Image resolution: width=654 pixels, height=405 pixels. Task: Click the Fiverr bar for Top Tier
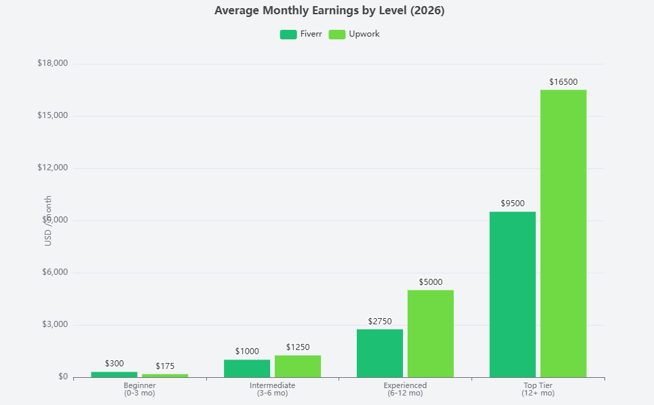512,294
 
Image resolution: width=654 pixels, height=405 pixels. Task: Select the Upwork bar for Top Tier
563,233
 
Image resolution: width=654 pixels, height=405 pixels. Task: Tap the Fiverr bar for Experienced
380,353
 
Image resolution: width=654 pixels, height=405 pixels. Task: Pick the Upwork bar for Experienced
431,333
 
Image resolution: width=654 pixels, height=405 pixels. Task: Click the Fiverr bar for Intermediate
247,368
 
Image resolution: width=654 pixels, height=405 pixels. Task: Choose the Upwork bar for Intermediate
298,366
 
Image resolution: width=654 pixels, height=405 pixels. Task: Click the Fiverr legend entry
301,34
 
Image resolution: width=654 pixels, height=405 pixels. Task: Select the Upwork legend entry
354,34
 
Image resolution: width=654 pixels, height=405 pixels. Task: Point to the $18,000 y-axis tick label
52,64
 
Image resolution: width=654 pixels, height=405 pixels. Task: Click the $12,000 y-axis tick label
52,168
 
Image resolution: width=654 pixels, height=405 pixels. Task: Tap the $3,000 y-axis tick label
54,325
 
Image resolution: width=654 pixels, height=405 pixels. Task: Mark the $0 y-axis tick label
63,377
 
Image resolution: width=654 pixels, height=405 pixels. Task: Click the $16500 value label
563,82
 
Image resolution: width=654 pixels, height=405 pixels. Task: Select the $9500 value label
512,204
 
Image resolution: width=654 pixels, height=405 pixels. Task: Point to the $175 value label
165,366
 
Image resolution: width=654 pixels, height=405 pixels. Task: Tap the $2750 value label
380,322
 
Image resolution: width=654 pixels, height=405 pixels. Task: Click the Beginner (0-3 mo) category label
140,389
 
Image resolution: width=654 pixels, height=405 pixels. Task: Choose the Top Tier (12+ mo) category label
538,389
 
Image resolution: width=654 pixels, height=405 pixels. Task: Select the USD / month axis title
48,220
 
